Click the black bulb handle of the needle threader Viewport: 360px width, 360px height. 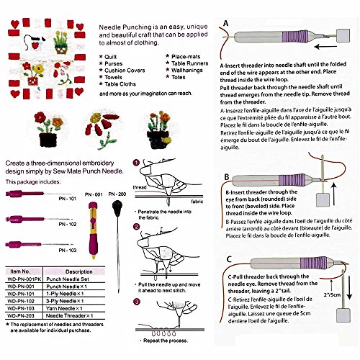(x=117, y=211)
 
